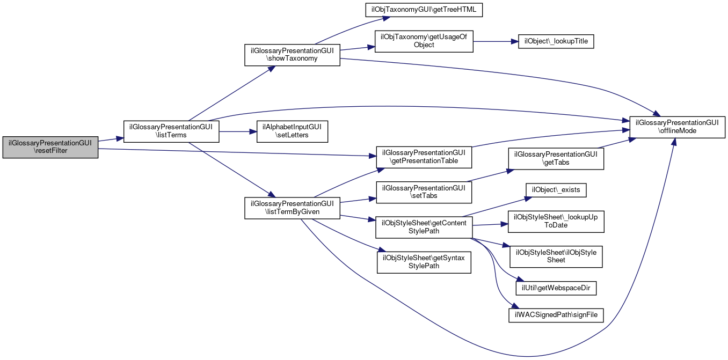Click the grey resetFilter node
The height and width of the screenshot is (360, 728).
point(50,147)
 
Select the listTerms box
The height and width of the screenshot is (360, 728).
point(171,131)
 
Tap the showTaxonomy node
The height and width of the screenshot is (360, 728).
point(292,55)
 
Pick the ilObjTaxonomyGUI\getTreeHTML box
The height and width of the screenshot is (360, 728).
point(424,10)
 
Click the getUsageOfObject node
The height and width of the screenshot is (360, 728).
point(424,41)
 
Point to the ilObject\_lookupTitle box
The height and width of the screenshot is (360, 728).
point(556,42)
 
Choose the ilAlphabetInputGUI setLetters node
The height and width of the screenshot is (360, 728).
point(292,131)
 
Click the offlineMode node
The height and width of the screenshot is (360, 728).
point(678,127)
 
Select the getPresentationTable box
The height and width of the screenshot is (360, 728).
point(424,157)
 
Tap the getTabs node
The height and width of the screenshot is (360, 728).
point(556,159)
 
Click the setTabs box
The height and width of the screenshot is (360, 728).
point(424,193)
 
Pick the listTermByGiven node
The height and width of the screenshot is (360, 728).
point(292,208)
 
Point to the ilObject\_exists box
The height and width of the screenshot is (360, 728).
point(556,190)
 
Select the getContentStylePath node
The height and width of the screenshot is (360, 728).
point(424,227)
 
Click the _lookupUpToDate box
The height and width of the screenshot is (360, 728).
point(556,222)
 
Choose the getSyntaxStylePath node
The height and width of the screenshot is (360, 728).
point(424,262)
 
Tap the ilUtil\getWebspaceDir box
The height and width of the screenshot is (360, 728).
point(556,288)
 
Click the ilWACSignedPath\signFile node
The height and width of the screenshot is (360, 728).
point(556,315)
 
